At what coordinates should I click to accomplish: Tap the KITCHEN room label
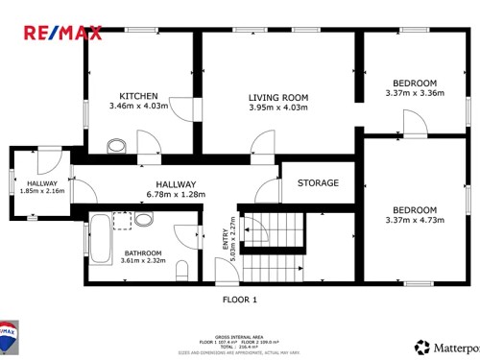point(138,96)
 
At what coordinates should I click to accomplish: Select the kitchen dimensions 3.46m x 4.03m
point(138,107)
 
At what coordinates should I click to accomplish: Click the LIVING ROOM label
point(277,97)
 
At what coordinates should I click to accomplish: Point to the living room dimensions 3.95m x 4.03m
point(277,108)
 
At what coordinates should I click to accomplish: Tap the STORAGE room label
point(318,182)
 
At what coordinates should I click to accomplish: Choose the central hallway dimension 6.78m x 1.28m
point(176,195)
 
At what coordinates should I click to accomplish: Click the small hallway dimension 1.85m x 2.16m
point(42,191)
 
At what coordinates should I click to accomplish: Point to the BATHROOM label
point(142,253)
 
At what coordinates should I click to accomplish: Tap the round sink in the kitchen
point(117,146)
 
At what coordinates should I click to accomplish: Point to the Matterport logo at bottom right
point(446,347)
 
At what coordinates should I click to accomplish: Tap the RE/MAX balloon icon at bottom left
point(10,337)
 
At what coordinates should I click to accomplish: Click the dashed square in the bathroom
point(123,221)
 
